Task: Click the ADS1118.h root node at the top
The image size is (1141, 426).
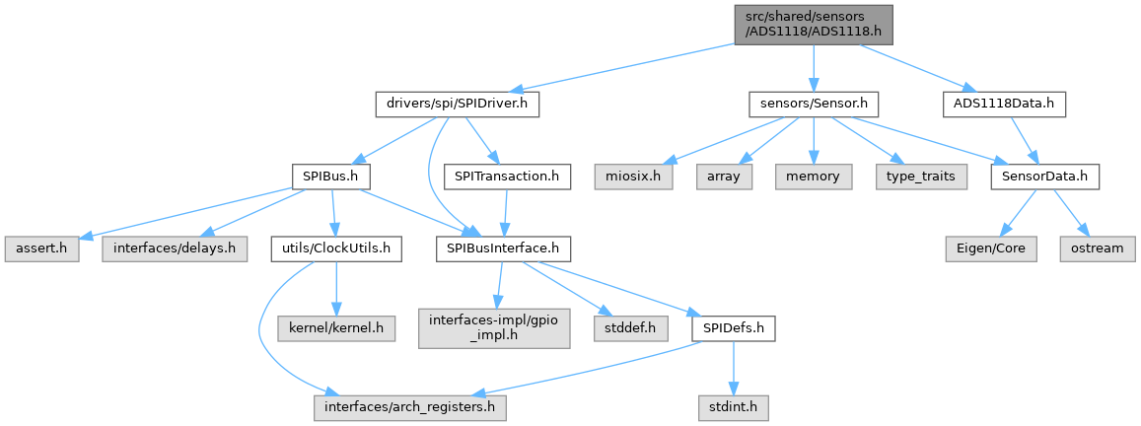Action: (813, 25)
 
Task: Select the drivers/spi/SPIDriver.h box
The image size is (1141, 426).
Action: (457, 106)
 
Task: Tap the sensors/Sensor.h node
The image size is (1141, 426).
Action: (813, 106)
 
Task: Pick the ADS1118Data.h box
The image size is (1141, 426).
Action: (1004, 106)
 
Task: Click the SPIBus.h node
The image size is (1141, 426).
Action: (331, 176)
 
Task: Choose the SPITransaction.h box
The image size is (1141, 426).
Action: (507, 176)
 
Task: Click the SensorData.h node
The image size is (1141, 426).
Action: (1045, 176)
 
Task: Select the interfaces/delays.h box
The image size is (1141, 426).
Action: (175, 250)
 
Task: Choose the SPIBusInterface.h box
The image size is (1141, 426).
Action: (503, 250)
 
